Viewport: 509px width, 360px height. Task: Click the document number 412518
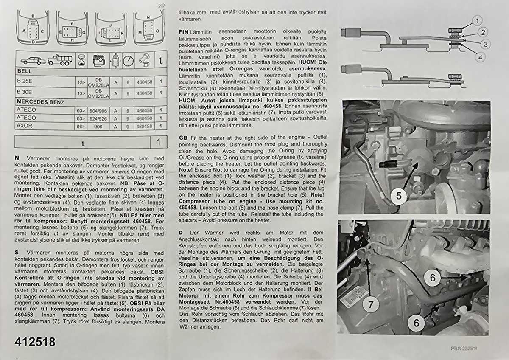coord(35,342)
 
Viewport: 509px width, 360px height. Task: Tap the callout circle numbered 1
coord(477,20)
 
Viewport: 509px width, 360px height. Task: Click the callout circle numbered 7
coord(370,305)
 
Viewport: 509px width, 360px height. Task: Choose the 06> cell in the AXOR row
coord(81,127)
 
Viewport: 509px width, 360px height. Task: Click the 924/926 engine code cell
coord(99,118)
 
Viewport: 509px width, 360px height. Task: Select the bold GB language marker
coord(183,138)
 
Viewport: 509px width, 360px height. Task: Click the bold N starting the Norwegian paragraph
coord(17,157)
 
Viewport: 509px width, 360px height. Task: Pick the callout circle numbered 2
coord(483,32)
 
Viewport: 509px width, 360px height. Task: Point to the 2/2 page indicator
coord(161,6)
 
